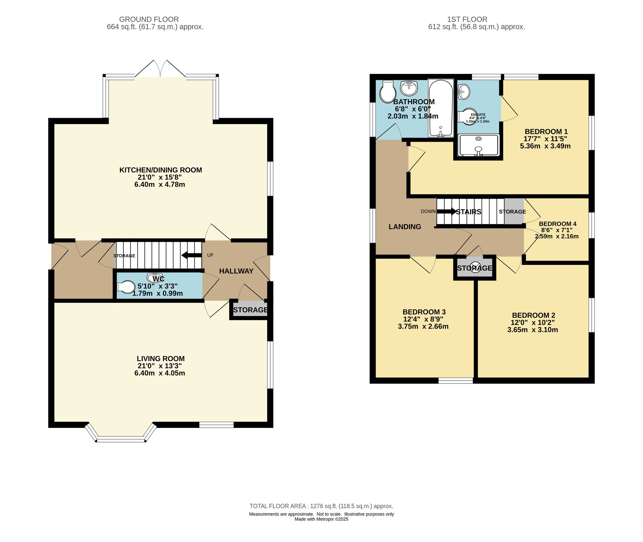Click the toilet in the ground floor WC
(126, 287)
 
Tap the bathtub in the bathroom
(441, 108)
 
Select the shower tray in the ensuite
(478, 145)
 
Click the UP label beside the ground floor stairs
(210, 255)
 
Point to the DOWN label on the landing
(428, 211)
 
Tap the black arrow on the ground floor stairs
(192, 255)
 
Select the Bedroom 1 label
(546, 132)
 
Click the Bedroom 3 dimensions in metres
(423, 326)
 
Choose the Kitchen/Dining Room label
(161, 170)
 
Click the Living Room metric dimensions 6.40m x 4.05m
(160, 373)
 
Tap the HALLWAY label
(236, 271)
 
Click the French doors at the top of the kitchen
(160, 69)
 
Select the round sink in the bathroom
(409, 88)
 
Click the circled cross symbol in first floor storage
(475, 267)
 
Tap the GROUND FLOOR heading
(149, 19)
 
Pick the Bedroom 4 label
(558, 224)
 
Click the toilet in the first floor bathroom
(388, 91)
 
